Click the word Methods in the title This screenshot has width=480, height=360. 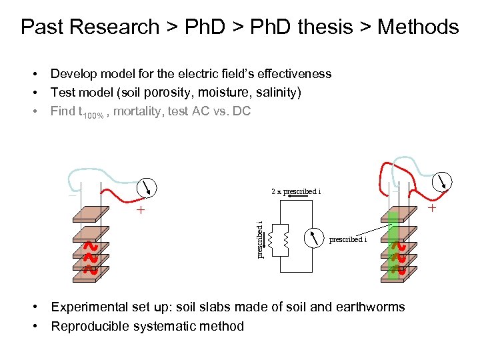pos(418,27)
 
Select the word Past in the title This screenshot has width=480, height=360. pos(42,27)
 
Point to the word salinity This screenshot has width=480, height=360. pos(275,92)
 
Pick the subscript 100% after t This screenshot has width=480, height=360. pos(92,115)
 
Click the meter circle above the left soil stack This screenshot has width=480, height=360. pos(149,188)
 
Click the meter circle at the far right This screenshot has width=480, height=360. pos(443,181)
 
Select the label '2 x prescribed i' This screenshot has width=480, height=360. pos(296,191)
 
